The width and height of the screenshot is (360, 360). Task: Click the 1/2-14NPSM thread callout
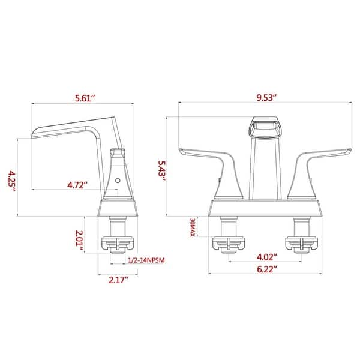(x=146, y=260)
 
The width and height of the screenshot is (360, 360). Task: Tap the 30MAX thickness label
(x=192, y=229)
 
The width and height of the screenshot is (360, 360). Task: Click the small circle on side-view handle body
(x=118, y=179)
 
